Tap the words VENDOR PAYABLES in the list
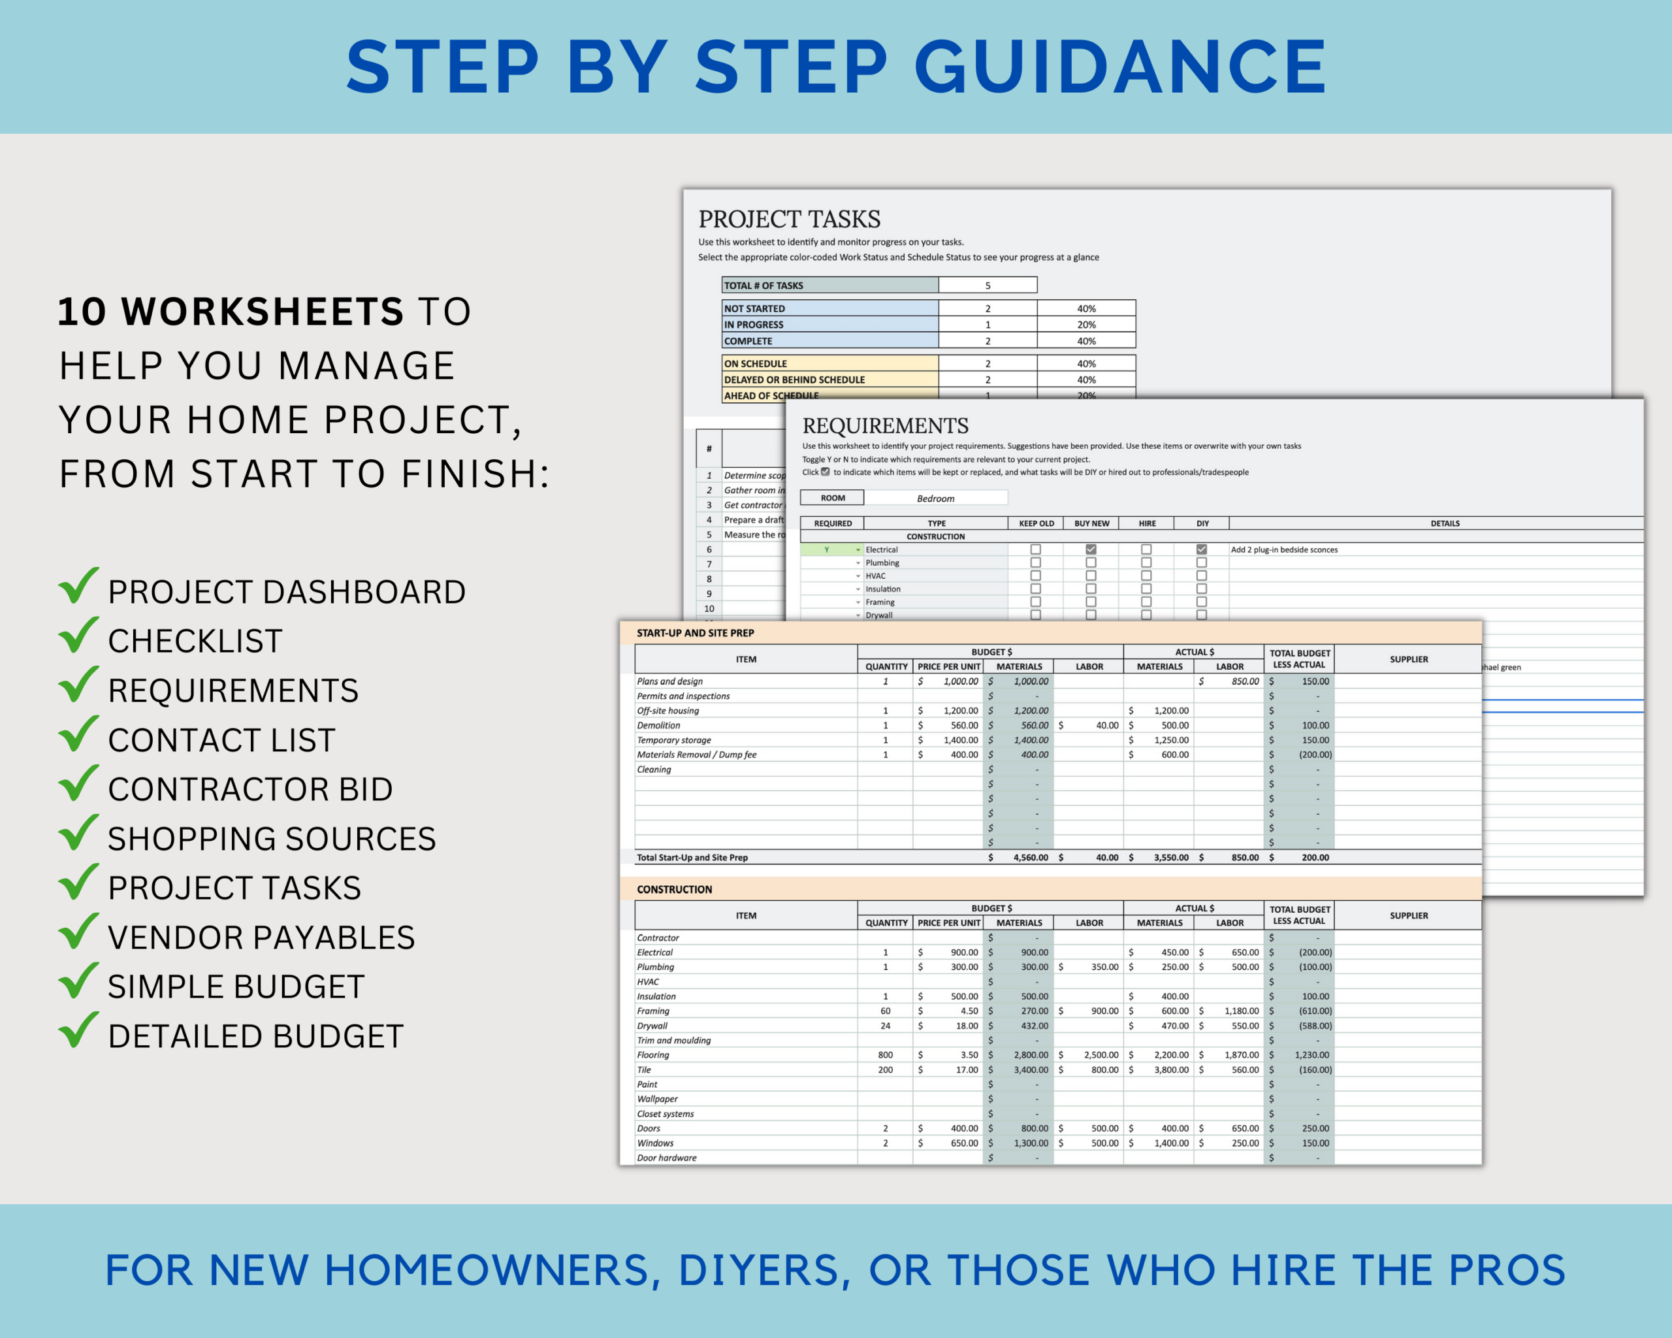coord(261,938)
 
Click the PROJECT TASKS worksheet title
coord(789,219)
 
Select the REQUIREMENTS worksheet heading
coord(885,426)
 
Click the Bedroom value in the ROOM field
coord(935,498)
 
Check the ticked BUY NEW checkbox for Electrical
coord(1090,549)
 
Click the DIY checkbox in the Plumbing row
coord(1201,563)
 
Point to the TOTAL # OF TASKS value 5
coord(988,286)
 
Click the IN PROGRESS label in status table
coord(753,324)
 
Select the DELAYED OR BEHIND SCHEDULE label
coord(794,380)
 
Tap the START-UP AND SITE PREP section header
coord(695,633)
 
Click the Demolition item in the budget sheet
coord(658,725)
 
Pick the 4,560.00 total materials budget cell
coord(1030,857)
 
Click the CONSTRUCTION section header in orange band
coord(674,890)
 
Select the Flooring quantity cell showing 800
coord(885,1055)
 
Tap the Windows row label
coord(655,1143)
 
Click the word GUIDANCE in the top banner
coord(1120,67)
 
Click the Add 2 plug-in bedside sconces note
coord(1283,549)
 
